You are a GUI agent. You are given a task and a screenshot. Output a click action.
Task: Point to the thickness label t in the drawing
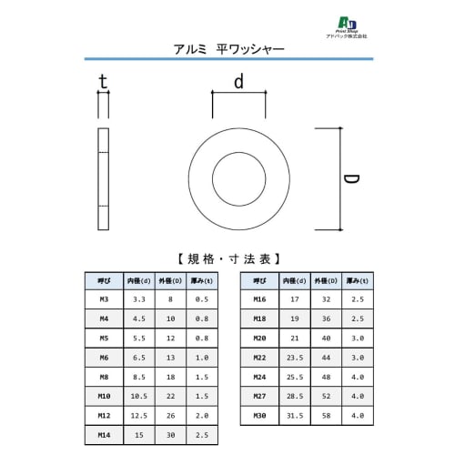pyautogui.click(x=103, y=83)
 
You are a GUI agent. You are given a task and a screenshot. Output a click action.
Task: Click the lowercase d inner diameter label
pyautogui.click(x=238, y=82)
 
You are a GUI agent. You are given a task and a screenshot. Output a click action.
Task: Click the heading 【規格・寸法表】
pyautogui.click(x=227, y=258)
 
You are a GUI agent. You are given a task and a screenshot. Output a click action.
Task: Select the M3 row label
pyautogui.click(x=102, y=298)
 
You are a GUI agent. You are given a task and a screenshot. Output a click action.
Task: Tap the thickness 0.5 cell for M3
pyautogui.click(x=201, y=298)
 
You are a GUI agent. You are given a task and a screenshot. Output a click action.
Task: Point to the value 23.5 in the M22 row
pyautogui.click(x=293, y=357)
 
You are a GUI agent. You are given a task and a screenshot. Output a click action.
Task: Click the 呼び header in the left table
pyautogui.click(x=102, y=280)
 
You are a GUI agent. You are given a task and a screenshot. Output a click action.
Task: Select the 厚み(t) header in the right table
pyautogui.click(x=358, y=280)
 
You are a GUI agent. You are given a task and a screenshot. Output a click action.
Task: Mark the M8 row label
pyautogui.click(x=102, y=377)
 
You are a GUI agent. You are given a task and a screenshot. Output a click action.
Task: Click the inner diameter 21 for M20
pyautogui.click(x=293, y=338)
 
